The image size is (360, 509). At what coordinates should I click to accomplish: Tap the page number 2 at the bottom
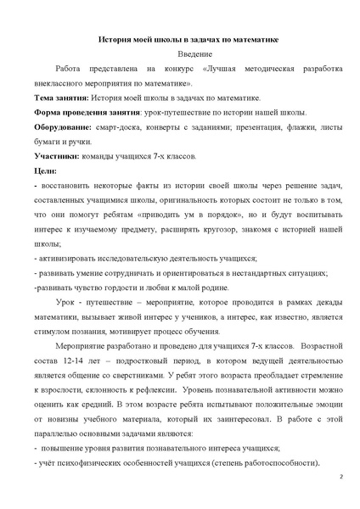pos(340,478)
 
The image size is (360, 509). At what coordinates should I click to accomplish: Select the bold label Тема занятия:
pos(59,98)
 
